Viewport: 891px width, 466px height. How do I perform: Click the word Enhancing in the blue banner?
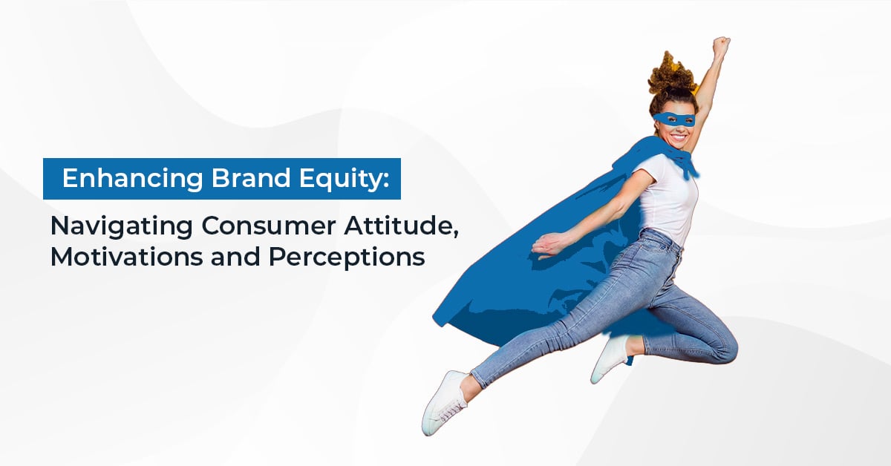[132, 179]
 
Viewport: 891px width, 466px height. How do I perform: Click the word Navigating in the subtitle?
[122, 227]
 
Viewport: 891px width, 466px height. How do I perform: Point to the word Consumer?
[269, 226]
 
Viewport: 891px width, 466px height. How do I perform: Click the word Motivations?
[127, 257]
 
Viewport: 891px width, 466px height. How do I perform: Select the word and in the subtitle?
[236, 257]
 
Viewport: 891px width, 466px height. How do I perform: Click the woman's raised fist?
[721, 45]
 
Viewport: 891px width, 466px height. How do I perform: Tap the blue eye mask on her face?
[674, 119]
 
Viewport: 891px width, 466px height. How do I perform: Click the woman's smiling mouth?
[679, 138]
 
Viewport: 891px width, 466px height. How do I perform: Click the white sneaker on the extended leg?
[445, 402]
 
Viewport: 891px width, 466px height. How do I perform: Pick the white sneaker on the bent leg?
[610, 358]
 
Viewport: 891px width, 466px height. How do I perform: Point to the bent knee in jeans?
[726, 347]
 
